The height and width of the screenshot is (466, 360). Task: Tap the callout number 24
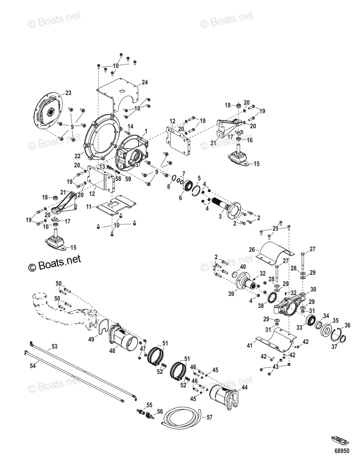(x=144, y=82)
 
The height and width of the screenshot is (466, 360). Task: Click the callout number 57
(x=209, y=417)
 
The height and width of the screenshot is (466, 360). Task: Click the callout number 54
(x=33, y=365)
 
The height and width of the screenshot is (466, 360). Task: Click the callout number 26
(x=251, y=250)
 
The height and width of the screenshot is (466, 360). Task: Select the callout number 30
(x=313, y=289)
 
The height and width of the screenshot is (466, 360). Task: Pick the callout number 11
(x=88, y=207)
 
